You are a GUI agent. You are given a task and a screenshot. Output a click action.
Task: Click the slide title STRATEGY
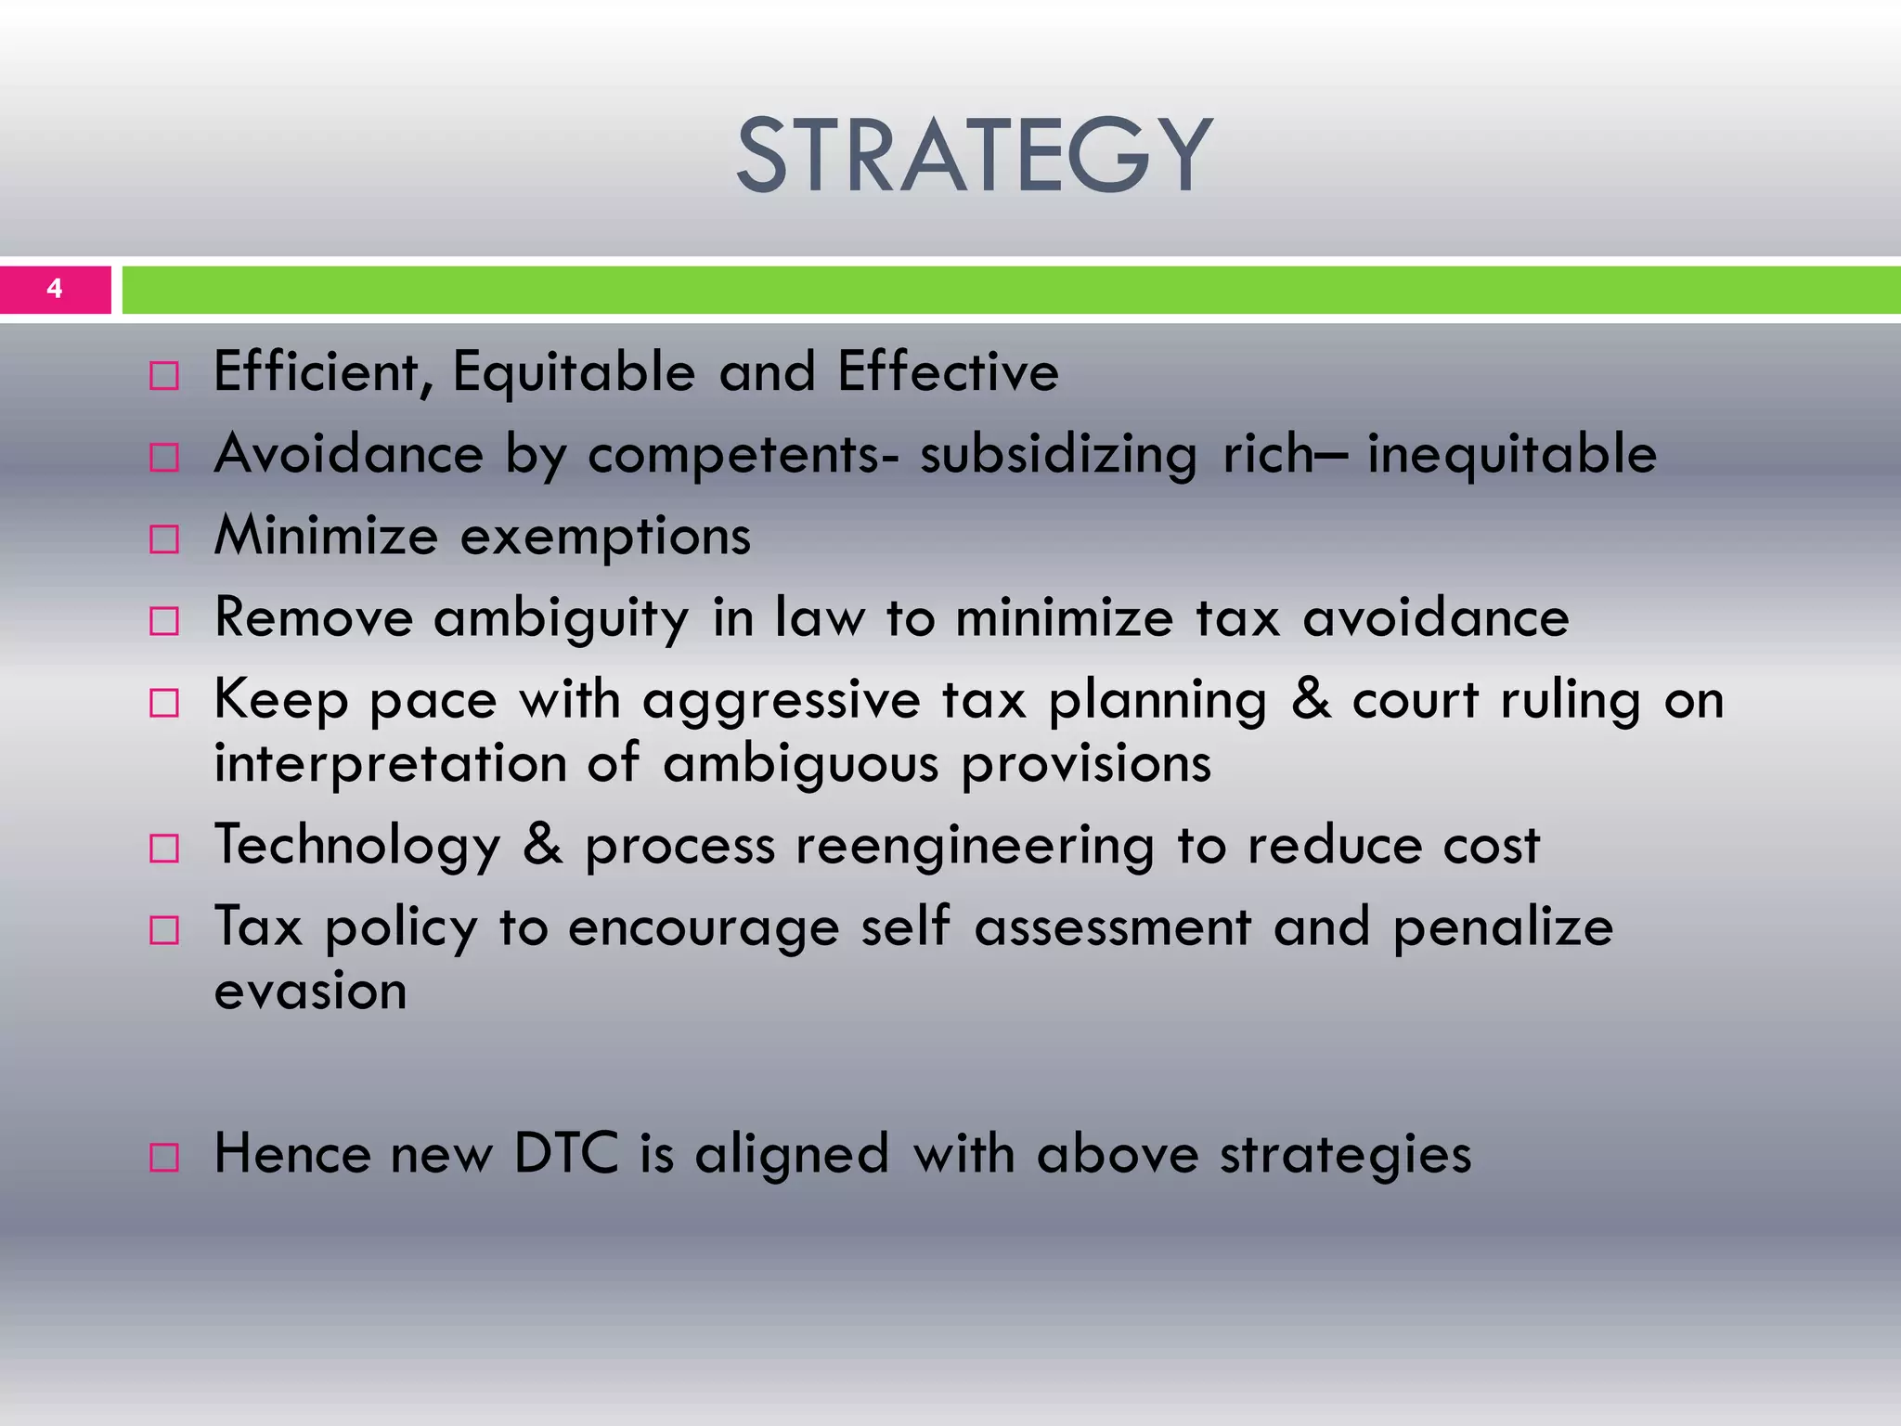[x=974, y=156]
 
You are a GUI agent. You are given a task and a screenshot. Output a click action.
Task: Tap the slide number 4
[x=55, y=289]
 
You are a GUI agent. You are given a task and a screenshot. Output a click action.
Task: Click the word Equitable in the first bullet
[x=574, y=372]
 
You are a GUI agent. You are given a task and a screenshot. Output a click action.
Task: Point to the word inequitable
[x=1511, y=455]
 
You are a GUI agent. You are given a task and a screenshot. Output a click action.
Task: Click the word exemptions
[x=605, y=538]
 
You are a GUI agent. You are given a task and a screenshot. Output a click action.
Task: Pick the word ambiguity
[x=561, y=619]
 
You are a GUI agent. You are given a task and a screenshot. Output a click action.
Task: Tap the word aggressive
[x=781, y=701]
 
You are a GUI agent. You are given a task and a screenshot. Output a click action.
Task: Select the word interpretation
[x=390, y=764]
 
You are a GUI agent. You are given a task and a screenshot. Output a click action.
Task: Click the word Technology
[x=357, y=846]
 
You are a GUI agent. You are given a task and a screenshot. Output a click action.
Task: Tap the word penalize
[x=1503, y=927]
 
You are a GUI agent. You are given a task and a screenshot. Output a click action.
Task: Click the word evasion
[x=310, y=992]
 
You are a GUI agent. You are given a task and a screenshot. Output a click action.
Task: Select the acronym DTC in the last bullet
[x=565, y=1154]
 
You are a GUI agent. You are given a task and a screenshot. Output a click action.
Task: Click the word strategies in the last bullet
[x=1345, y=1156]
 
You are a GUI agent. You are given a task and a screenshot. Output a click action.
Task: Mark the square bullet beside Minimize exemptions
[x=164, y=539]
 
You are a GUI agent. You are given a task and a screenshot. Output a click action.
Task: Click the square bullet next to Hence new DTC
[x=164, y=1157]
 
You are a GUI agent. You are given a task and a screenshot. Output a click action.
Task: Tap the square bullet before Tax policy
[x=164, y=930]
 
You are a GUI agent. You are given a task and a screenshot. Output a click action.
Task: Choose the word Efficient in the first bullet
[x=322, y=372]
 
